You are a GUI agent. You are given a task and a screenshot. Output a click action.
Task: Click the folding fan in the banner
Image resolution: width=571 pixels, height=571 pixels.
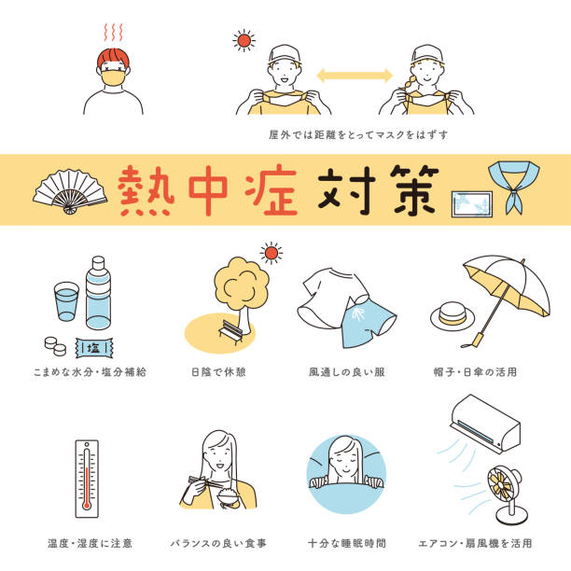70,190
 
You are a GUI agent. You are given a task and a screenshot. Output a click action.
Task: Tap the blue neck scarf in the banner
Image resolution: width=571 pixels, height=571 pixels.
514,182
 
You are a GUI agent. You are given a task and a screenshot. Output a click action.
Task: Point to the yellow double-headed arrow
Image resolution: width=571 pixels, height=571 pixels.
355,76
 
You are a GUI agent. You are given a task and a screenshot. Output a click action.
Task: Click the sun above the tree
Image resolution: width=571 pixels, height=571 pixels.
272,253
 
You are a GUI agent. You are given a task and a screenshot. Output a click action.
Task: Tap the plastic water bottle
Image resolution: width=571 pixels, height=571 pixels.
98,293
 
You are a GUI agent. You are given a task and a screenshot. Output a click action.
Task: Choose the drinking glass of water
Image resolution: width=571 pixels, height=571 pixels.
66,301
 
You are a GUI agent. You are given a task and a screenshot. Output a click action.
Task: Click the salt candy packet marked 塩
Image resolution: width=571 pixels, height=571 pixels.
94,348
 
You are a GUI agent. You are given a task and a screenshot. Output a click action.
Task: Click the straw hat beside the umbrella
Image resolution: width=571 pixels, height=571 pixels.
453,315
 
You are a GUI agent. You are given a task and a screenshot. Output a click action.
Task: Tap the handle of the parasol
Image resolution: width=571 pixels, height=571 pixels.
475,341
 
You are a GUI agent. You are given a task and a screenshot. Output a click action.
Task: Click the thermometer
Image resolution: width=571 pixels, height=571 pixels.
87,479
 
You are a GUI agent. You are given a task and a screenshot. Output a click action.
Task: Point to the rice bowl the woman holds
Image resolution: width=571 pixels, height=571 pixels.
228,498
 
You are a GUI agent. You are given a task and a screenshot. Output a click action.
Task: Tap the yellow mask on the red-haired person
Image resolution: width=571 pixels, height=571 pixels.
114,78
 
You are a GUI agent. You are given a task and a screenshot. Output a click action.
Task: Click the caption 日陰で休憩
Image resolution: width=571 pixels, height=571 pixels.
219,372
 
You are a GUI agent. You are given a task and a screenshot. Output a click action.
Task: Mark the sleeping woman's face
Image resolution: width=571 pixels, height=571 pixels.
345,458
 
